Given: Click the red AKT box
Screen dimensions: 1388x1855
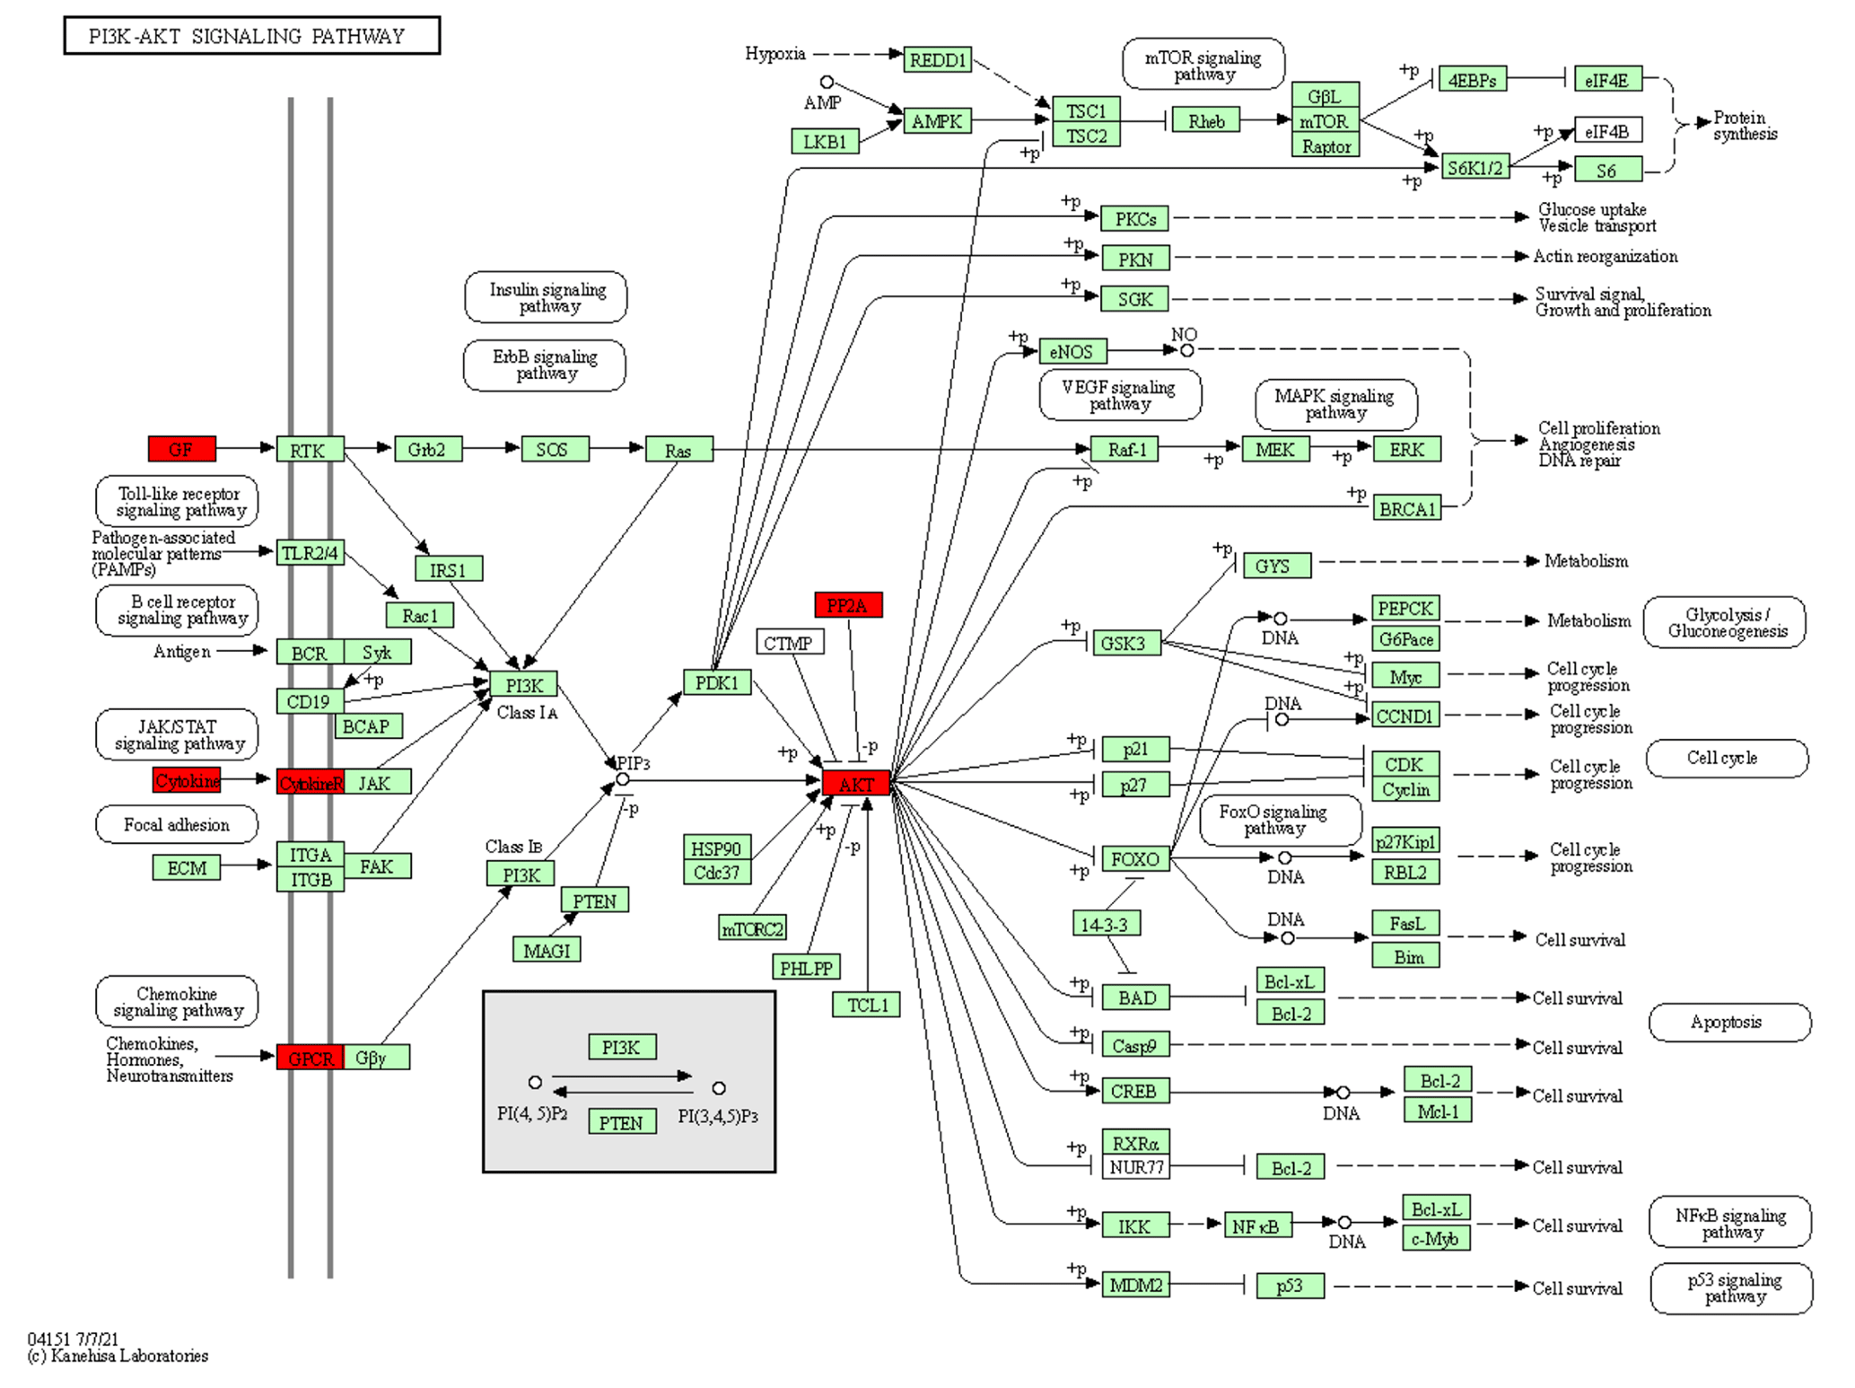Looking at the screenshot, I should (x=855, y=784).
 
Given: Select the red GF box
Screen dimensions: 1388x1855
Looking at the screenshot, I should (x=181, y=449).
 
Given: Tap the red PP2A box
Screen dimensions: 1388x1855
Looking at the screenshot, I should (x=847, y=605).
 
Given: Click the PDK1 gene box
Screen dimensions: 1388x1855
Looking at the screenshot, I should (x=716, y=683).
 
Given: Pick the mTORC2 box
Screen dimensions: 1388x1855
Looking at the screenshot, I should (x=752, y=928).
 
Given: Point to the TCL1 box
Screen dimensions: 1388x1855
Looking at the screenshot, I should (x=866, y=1005).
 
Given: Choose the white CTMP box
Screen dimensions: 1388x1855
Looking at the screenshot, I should (x=789, y=643).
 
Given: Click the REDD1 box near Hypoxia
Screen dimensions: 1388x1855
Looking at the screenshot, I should (x=937, y=60).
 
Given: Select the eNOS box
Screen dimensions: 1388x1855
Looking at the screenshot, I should (x=1072, y=352).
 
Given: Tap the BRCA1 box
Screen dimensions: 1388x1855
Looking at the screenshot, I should (x=1406, y=509).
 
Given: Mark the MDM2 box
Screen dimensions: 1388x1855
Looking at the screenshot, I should (x=1135, y=1286).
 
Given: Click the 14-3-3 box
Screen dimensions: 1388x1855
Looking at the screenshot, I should (x=1106, y=924).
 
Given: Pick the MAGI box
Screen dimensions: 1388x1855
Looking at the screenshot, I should (x=547, y=950).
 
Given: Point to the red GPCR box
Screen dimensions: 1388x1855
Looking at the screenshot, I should (x=311, y=1058).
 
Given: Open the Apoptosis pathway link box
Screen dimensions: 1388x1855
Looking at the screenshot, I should (x=1728, y=1023).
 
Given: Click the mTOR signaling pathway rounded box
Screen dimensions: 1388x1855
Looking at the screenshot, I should (x=1203, y=65).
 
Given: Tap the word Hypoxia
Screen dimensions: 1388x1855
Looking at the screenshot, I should (x=774, y=54).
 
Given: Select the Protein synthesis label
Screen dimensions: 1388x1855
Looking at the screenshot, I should (x=1744, y=126).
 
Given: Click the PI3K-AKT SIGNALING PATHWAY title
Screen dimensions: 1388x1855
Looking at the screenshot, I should (x=251, y=36).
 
